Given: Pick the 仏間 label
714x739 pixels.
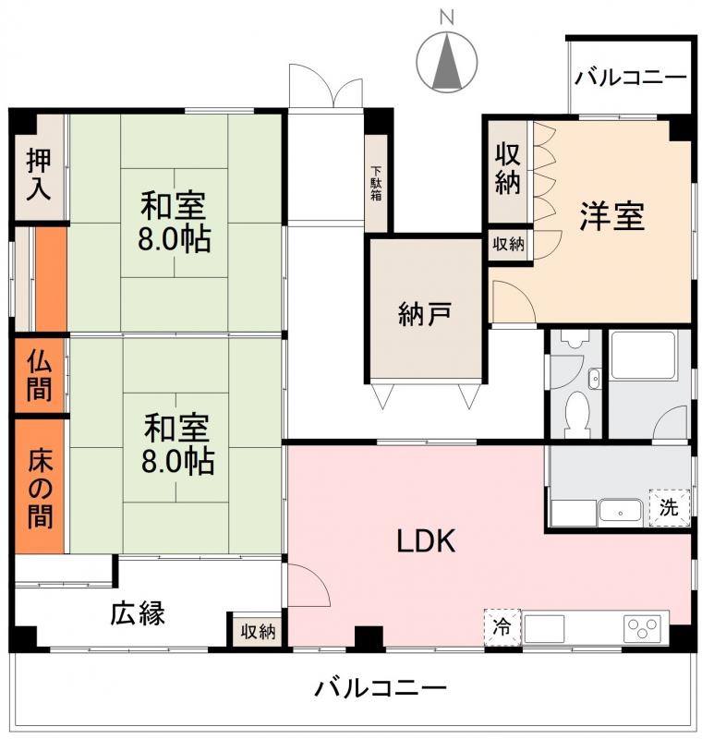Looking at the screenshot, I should point(39,375).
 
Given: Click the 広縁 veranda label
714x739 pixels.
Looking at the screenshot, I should point(139,612).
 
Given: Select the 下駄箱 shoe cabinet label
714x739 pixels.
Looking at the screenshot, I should point(377,184).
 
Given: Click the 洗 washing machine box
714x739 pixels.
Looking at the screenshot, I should point(669,506).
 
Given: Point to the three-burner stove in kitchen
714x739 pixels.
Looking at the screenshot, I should point(646,628).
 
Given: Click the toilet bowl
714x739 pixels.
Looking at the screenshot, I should point(575,406).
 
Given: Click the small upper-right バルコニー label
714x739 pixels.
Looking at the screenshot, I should point(631,77).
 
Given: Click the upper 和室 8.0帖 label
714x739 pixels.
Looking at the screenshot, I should point(174,222).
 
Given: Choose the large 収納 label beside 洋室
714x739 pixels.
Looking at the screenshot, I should point(508,168).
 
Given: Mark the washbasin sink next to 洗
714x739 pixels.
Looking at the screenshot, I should point(619,510).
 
